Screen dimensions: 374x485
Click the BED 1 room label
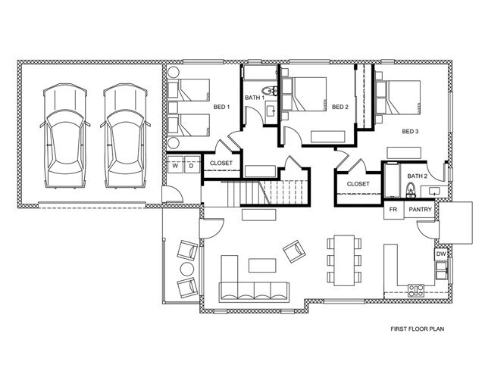point(221,106)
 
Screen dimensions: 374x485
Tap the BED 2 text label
point(339,107)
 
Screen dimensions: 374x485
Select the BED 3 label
point(410,132)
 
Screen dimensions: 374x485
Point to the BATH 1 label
point(254,98)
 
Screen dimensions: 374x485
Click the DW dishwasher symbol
point(440,254)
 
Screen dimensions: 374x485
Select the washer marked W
point(174,164)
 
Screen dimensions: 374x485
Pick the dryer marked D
point(191,164)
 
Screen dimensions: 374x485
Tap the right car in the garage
point(124,136)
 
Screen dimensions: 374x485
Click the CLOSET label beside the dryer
point(221,163)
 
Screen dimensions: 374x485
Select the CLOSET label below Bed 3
point(358,184)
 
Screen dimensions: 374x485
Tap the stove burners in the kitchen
point(416,288)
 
